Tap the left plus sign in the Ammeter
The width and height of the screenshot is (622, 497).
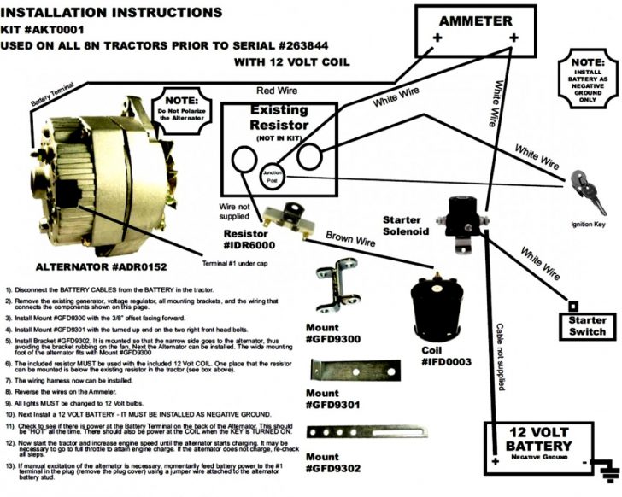pyautogui.click(x=436, y=39)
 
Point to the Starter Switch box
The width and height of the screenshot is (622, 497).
pyautogui.click(x=586, y=324)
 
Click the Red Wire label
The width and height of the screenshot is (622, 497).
pyautogui.click(x=277, y=90)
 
